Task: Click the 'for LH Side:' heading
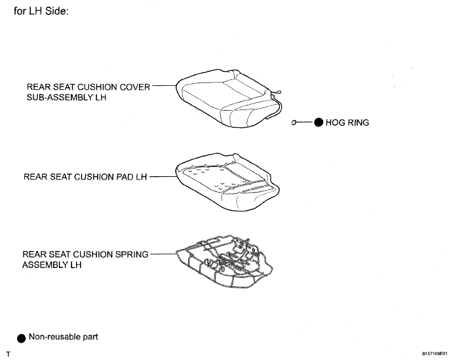(41, 11)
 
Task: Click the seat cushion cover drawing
(229, 99)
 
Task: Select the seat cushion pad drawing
(227, 182)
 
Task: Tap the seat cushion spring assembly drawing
(224, 261)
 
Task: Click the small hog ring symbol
(294, 123)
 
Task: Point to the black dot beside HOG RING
(319, 123)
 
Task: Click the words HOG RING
(347, 123)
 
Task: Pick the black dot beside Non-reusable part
(22, 339)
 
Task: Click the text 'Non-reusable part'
(64, 337)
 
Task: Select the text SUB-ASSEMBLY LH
(66, 98)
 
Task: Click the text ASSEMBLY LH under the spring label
(52, 265)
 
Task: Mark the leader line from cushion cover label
(164, 85)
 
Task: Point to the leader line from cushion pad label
(163, 176)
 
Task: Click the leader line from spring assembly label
(163, 254)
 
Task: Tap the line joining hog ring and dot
(304, 123)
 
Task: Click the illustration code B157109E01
(435, 353)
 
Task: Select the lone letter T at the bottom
(8, 354)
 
